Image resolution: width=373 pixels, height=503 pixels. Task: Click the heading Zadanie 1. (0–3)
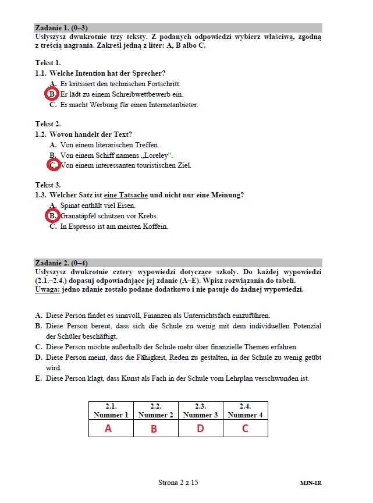(x=61, y=27)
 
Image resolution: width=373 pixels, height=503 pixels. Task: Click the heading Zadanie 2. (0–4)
(x=61, y=263)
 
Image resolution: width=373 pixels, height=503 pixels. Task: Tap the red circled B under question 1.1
(x=52, y=94)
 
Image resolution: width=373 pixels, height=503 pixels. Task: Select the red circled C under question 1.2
(x=53, y=165)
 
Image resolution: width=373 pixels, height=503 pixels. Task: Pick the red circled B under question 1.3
(x=52, y=216)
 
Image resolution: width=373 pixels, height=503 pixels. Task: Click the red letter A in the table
(x=108, y=428)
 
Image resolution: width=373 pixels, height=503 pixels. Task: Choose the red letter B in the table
(x=154, y=429)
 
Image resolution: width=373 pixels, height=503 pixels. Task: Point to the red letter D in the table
(x=200, y=429)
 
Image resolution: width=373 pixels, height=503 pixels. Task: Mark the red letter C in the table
(x=245, y=429)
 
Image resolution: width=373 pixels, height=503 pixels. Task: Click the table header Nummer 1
(x=111, y=415)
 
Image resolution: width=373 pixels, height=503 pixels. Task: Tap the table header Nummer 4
(x=245, y=415)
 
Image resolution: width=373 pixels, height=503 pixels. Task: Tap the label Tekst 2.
(x=48, y=124)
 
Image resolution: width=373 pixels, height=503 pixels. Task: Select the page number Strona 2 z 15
(x=178, y=483)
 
